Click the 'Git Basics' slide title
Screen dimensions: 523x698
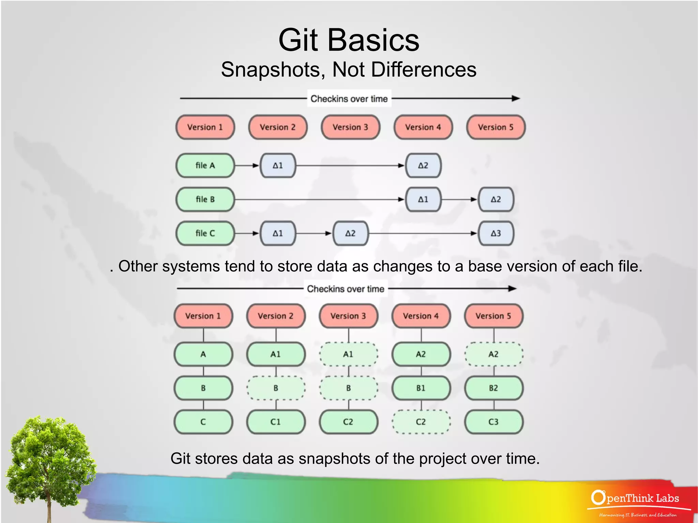tap(349, 40)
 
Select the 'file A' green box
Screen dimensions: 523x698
tap(205, 166)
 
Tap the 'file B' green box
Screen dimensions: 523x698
tap(205, 199)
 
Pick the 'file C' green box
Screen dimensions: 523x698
tap(205, 233)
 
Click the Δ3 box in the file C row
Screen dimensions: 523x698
tap(496, 233)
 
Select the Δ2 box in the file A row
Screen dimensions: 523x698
tap(423, 166)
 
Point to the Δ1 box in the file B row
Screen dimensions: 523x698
tap(423, 199)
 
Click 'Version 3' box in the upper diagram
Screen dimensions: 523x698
tap(350, 127)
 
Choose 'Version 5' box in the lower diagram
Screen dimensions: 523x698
tap(494, 316)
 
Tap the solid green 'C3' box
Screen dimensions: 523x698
tap(494, 422)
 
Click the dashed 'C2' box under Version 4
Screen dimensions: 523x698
tap(421, 422)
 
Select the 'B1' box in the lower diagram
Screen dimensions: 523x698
tap(421, 388)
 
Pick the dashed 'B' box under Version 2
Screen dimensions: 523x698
tap(276, 388)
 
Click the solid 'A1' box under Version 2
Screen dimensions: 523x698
tap(276, 354)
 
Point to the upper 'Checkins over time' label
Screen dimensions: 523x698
tap(349, 99)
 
